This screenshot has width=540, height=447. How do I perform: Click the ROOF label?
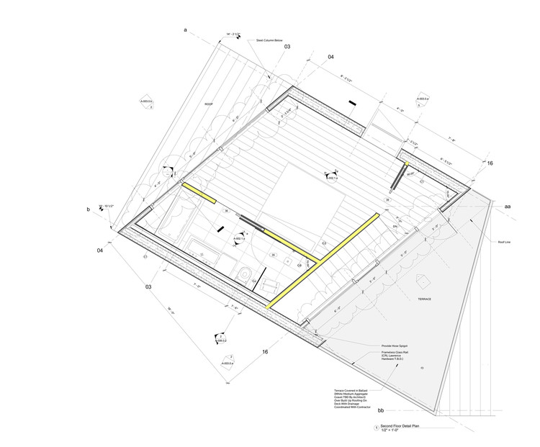tap(208, 104)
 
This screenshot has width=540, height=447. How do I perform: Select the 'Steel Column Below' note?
tap(270, 41)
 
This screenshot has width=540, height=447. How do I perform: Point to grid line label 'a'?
tap(185, 30)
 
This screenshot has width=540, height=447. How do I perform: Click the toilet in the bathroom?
tap(246, 272)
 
